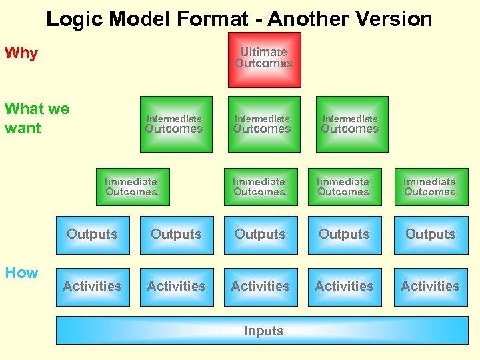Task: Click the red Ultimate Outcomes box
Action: [x=264, y=59]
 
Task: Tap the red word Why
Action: [x=21, y=53]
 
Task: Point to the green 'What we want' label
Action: [x=37, y=118]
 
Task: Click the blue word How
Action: [x=21, y=272]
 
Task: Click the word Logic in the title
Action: [x=75, y=19]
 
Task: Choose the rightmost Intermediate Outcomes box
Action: [x=351, y=124]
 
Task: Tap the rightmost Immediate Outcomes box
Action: [x=430, y=187]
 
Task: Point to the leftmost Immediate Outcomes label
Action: [x=131, y=187]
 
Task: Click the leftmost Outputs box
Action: [x=93, y=235]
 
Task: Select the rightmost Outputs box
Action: [x=430, y=235]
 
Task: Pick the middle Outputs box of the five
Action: [x=261, y=235]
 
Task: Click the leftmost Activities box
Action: [x=93, y=287]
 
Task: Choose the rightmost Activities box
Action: [x=430, y=287]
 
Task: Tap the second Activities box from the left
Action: [x=177, y=287]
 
